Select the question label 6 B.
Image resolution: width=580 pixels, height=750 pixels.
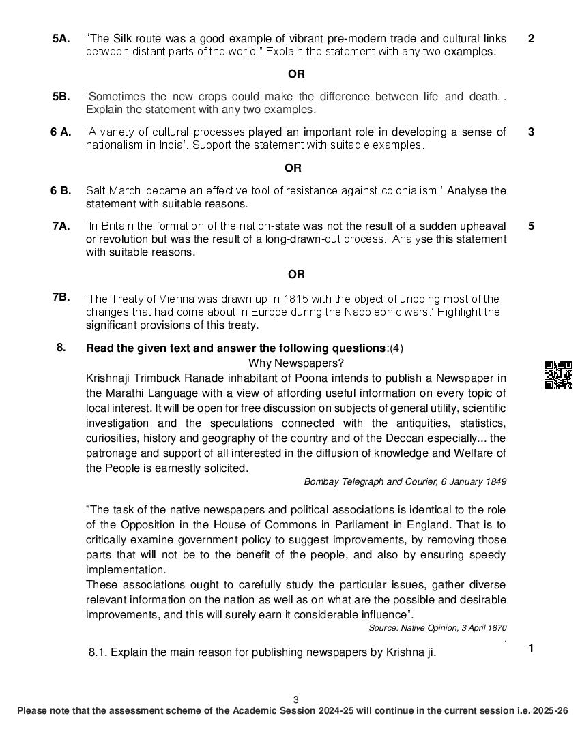point(60,191)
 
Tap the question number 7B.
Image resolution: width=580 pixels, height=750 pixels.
point(61,297)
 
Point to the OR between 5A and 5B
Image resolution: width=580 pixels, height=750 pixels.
point(296,74)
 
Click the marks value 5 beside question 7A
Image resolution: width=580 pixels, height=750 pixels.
point(531,226)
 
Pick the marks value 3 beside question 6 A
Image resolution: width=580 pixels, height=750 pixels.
point(531,132)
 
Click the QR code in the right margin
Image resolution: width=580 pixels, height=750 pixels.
point(557,375)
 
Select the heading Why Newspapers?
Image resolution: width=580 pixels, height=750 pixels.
point(296,363)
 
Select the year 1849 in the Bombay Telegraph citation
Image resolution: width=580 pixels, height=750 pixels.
point(496,482)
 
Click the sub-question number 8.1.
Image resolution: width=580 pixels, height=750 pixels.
point(98,652)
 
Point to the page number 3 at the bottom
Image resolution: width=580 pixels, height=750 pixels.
point(295,700)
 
